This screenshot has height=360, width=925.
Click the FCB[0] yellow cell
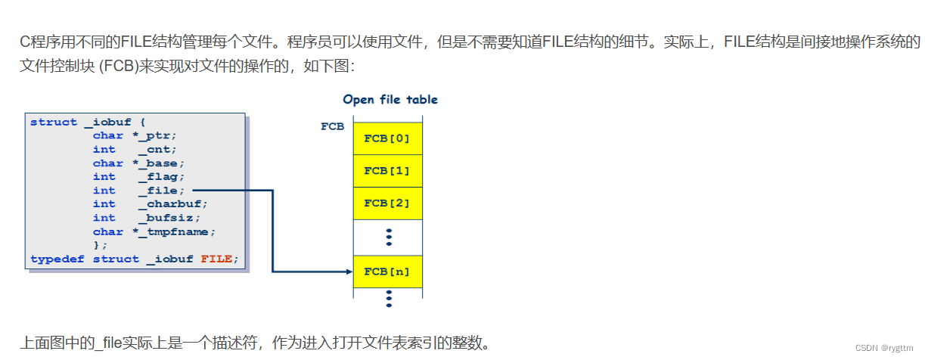point(387,138)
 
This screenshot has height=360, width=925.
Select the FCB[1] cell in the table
point(387,170)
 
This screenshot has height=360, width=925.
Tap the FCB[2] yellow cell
point(387,203)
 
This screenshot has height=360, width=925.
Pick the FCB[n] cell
point(387,272)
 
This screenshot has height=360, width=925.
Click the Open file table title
point(390,100)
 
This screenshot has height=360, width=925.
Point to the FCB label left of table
point(332,127)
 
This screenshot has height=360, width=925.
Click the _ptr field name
point(161,136)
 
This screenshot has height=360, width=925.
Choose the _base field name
point(164,163)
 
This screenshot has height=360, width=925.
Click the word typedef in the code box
point(58,259)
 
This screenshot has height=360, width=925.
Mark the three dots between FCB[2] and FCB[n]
point(389,237)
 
